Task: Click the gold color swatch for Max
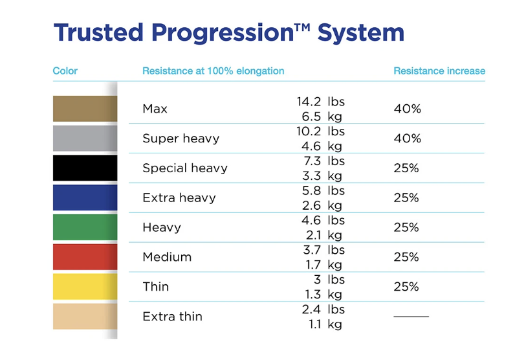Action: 85,109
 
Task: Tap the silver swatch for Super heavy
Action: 85,139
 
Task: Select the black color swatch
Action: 85,168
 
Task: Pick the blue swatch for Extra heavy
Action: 85,197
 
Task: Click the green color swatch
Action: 85,227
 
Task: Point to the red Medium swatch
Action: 85,257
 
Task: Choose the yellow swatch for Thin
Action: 85,287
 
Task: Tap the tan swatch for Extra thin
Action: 85,317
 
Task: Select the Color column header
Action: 65,71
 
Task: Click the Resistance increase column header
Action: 439,71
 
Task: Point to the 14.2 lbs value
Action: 320,102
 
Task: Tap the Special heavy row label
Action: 185,168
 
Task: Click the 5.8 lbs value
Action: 323,190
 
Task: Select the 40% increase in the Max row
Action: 407,109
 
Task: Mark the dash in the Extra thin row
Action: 411,317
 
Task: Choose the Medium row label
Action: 167,257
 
